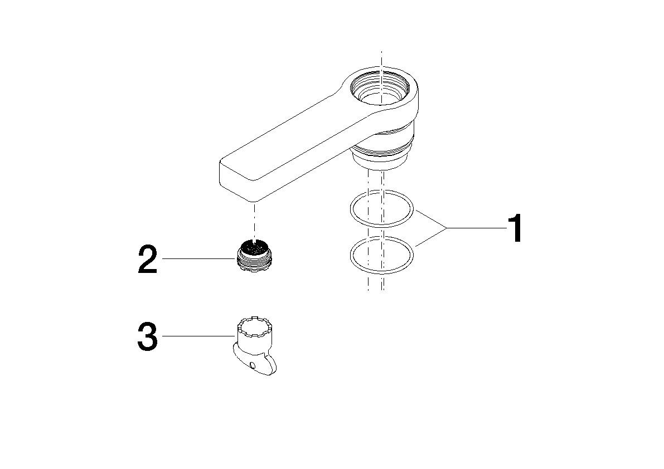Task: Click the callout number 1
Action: pyautogui.click(x=514, y=228)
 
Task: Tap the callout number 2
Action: pyautogui.click(x=148, y=260)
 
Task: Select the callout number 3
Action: pyautogui.click(x=148, y=337)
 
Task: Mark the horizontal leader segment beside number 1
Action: pyautogui.click(x=474, y=228)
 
